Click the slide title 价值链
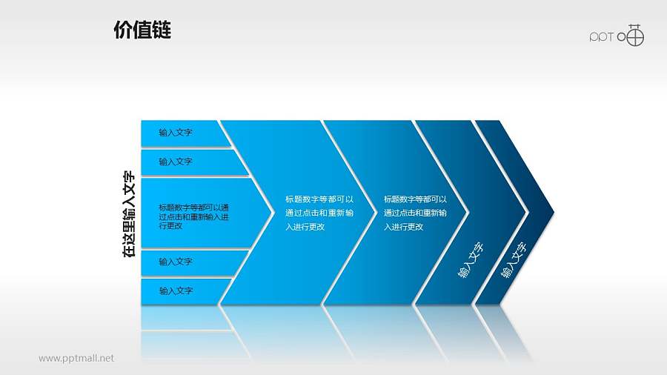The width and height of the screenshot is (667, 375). pos(142,30)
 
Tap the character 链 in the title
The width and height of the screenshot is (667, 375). pos(162,30)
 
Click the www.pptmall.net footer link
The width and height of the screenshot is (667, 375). pos(76,359)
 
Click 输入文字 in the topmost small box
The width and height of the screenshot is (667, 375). pos(176,133)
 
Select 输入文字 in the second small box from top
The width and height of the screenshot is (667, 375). pos(176,162)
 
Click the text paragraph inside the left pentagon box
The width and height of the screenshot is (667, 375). pos(193,216)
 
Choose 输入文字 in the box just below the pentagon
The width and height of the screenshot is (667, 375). pos(176,262)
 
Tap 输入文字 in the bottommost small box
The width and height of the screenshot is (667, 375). pos(176,291)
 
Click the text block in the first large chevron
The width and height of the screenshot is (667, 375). pos(319,213)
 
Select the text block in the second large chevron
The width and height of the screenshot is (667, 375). pos(416,213)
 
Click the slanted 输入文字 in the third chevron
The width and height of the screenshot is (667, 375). pos(471,260)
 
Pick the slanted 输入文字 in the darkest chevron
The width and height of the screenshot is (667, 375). pos(514,260)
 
